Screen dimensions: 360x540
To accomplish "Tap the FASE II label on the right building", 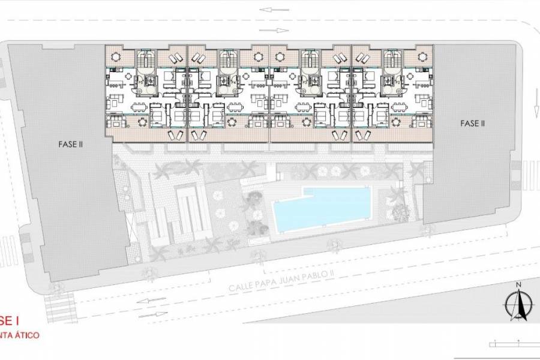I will pyautogui.click(x=473, y=124).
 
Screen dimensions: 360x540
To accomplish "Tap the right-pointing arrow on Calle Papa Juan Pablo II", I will pyautogui.click(x=151, y=314).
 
